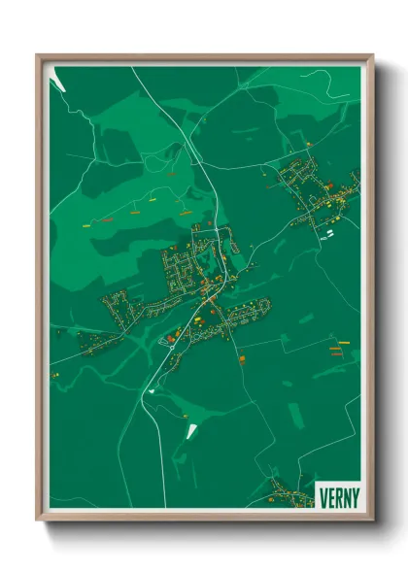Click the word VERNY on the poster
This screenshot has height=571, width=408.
click(339, 497)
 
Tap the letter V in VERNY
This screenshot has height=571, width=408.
click(323, 497)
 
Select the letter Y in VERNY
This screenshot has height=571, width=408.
click(356, 497)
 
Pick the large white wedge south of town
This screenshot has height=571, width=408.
click(190, 427)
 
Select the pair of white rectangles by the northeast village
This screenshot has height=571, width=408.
click(328, 232)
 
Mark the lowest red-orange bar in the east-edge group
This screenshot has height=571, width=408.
click(337, 354)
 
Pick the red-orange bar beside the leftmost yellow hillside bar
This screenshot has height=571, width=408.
click(104, 221)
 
